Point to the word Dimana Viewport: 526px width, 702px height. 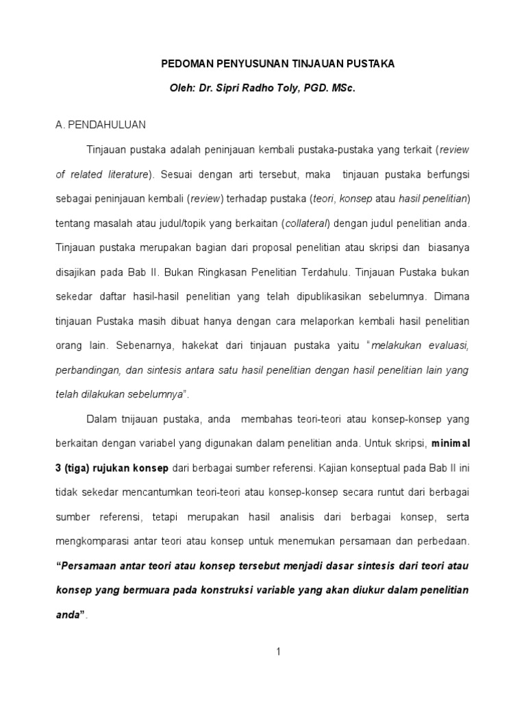point(449,296)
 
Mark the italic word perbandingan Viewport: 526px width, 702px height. point(87,370)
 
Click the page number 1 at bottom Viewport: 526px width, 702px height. point(279,651)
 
